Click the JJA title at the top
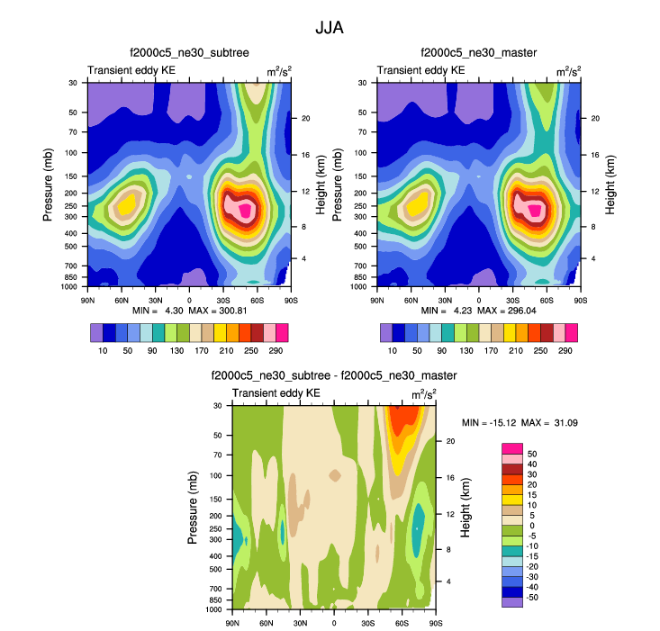(330, 28)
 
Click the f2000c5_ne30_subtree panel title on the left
(189, 55)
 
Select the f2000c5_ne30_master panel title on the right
(478, 55)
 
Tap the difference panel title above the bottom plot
(334, 375)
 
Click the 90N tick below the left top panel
(88, 299)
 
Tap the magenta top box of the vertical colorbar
(511, 447)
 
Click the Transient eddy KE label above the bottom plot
(276, 393)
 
